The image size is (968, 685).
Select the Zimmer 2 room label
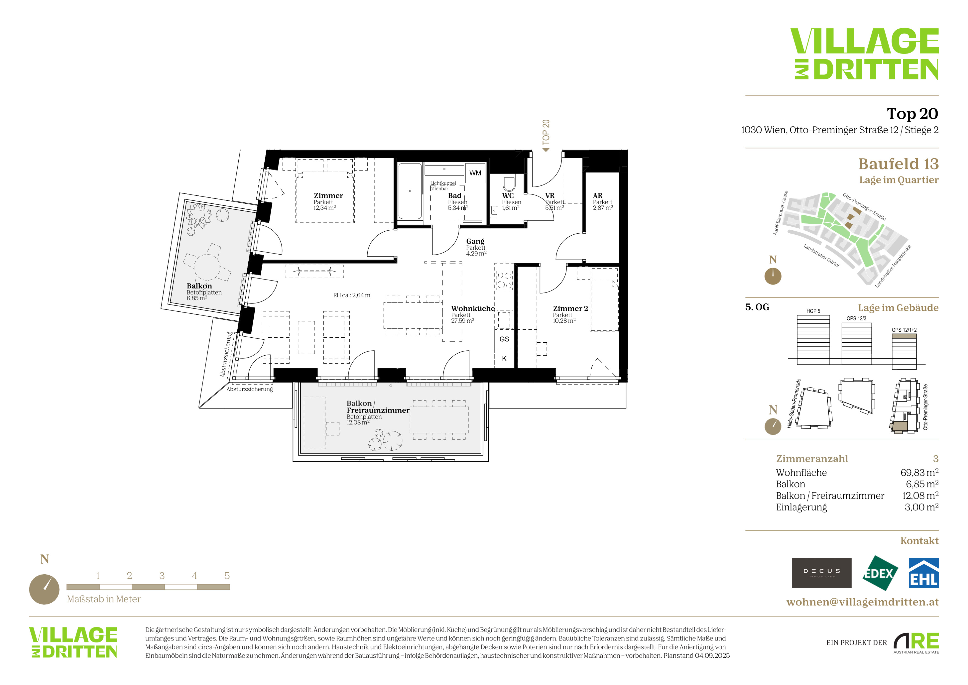(570, 308)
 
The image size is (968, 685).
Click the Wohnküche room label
(473, 308)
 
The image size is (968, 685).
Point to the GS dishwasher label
(504, 339)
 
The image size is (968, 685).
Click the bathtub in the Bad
(410, 191)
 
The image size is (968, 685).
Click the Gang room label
(475, 241)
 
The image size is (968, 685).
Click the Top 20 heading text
(912, 113)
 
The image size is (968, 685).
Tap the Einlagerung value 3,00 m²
(922, 507)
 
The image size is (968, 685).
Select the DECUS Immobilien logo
(821, 573)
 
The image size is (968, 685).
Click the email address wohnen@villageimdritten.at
(863, 602)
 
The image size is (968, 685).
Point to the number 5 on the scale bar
(227, 576)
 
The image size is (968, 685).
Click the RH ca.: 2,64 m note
(352, 295)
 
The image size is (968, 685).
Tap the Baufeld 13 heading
(898, 164)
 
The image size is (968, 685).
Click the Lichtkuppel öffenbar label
(443, 186)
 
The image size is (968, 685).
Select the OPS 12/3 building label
(856, 319)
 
